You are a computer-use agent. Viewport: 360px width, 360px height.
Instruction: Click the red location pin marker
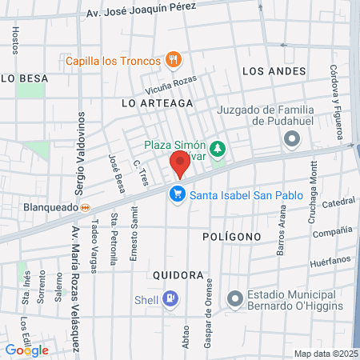point(180,166)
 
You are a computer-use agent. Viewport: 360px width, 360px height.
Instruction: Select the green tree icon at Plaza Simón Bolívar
point(217,150)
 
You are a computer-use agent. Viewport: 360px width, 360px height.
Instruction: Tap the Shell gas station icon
point(170,300)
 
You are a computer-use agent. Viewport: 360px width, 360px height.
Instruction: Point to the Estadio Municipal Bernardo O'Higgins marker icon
point(234,299)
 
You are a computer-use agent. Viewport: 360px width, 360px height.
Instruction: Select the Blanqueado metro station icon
point(95,206)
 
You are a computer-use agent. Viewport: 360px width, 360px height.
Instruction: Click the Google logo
point(26,350)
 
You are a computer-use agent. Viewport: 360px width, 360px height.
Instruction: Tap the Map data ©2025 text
point(326,354)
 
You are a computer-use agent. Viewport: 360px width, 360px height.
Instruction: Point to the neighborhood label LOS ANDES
point(274,71)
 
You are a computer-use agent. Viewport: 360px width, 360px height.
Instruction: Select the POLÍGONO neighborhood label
point(231,237)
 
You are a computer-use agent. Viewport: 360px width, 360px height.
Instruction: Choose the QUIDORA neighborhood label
point(177,274)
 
